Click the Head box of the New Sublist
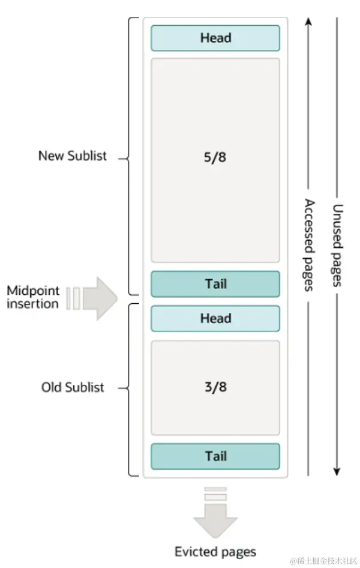coord(215,38)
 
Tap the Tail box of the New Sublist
coord(215,283)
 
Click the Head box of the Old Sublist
coord(215,318)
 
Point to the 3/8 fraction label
coord(215,387)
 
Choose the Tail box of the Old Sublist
coord(215,456)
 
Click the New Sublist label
coord(72,156)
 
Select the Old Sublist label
coord(72,387)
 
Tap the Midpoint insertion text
coord(33,297)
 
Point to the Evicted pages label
coord(215,551)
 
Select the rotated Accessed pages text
coord(309,244)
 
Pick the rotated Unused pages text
coord(338,244)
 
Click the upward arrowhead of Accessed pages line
coord(308,22)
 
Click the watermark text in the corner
coord(324,561)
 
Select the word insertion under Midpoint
coord(33,303)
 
